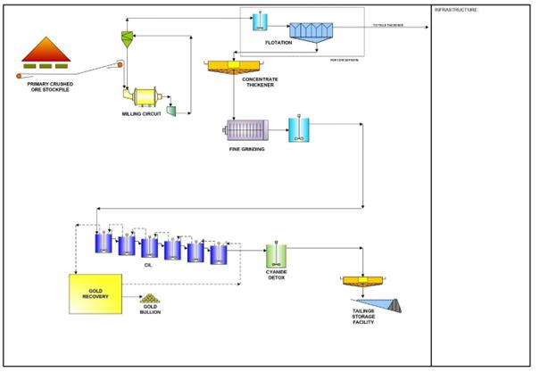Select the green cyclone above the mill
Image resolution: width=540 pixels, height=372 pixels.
[x=127, y=37]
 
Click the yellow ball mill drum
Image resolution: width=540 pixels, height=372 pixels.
[x=142, y=97]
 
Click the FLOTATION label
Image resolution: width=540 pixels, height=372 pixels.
[x=278, y=43]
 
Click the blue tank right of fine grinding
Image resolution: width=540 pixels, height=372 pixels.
[x=298, y=132]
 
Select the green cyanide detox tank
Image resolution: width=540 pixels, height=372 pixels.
[x=276, y=258]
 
